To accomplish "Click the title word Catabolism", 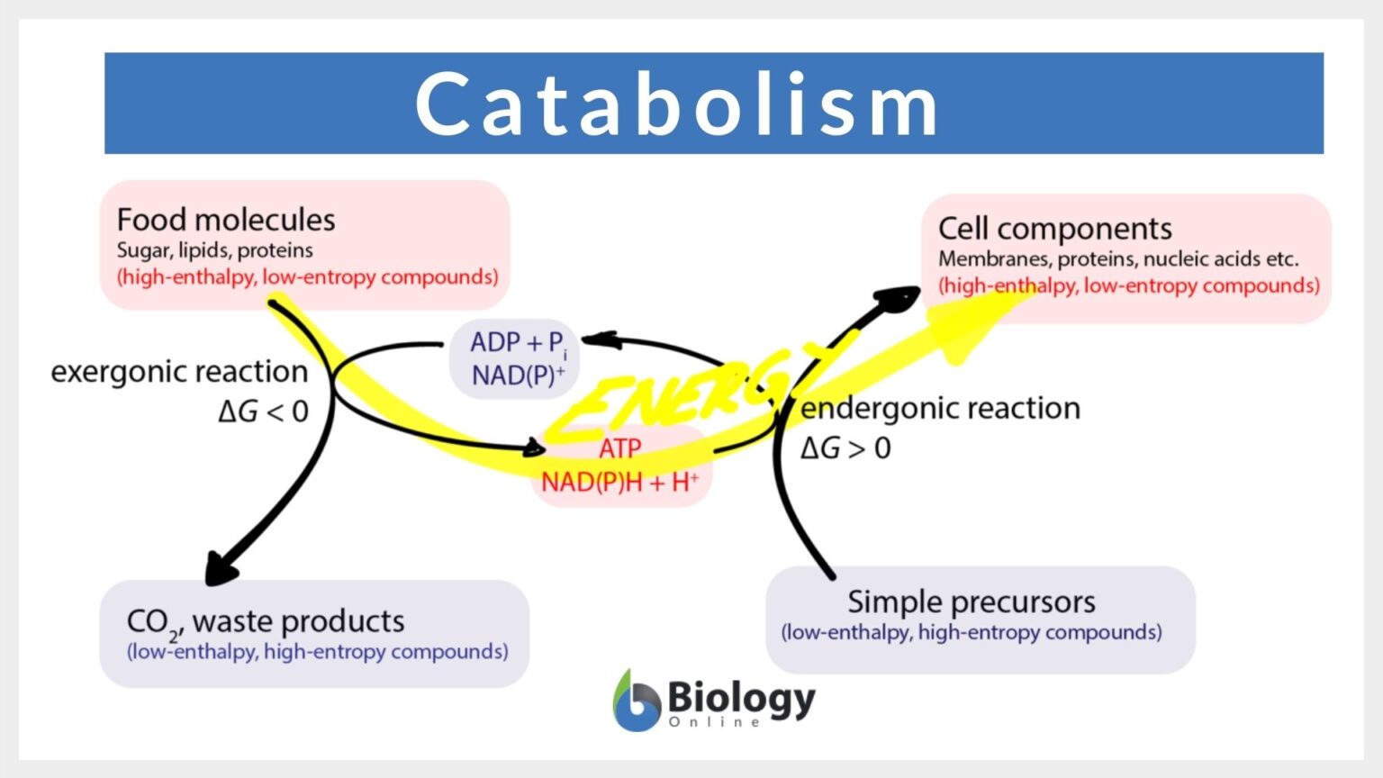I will [677, 104].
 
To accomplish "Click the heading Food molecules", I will [226, 220].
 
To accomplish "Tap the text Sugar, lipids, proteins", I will [214, 250].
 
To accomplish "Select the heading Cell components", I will [1054, 229].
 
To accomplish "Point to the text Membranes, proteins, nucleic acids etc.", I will [1117, 259].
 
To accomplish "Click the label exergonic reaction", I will [179, 371].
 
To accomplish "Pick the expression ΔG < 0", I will [263, 412].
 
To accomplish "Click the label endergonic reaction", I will [940, 408].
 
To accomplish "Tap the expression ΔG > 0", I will [845, 448].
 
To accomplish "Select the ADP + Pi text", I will [517, 343].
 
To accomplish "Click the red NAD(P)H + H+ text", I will [619, 482].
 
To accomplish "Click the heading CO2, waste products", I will [265, 621].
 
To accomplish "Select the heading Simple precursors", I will [971, 602].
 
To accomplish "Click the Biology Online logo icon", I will [636, 701].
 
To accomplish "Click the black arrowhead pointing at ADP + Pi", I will [598, 340].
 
